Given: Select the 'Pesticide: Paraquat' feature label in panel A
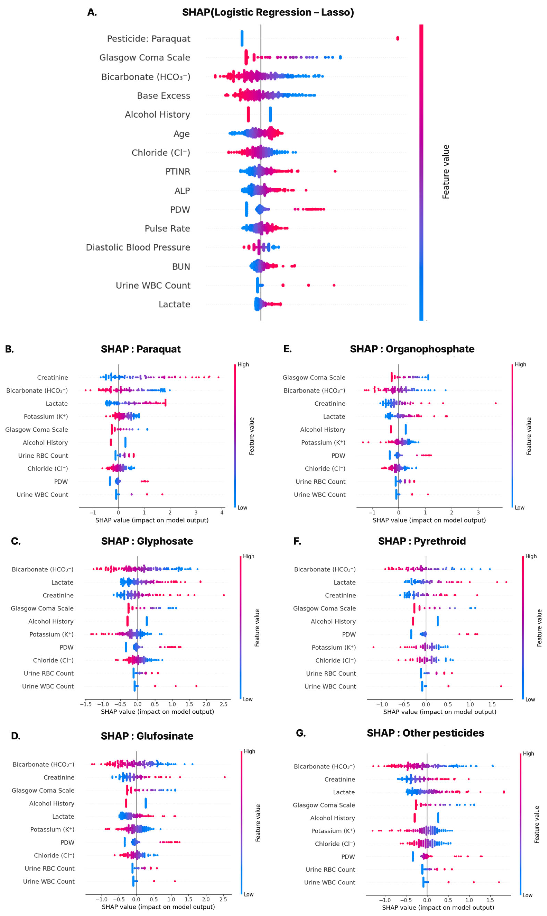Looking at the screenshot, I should (149, 39).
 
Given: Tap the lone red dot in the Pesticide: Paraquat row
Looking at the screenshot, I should (397, 38).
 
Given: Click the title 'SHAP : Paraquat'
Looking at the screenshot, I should (141, 349).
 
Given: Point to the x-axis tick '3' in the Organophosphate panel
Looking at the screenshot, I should (478, 512).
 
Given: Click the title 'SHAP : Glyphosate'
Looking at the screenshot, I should (147, 541).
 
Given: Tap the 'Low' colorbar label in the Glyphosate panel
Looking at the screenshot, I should (248, 699).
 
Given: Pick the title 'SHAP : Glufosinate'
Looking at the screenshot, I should (147, 736).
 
